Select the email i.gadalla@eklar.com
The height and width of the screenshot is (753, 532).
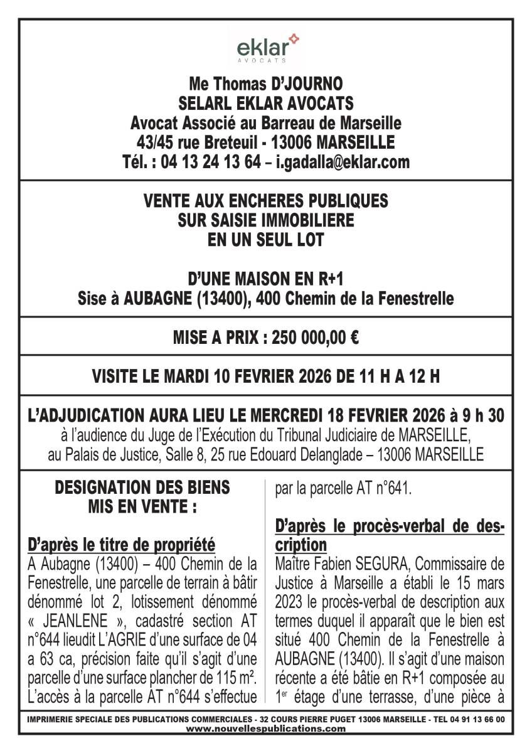[342, 162]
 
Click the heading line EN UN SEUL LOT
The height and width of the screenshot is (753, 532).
[265, 239]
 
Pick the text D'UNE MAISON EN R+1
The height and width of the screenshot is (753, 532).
[265, 278]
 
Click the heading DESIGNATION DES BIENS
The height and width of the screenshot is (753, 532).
[142, 487]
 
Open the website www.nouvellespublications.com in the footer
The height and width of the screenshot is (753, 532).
[265, 729]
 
